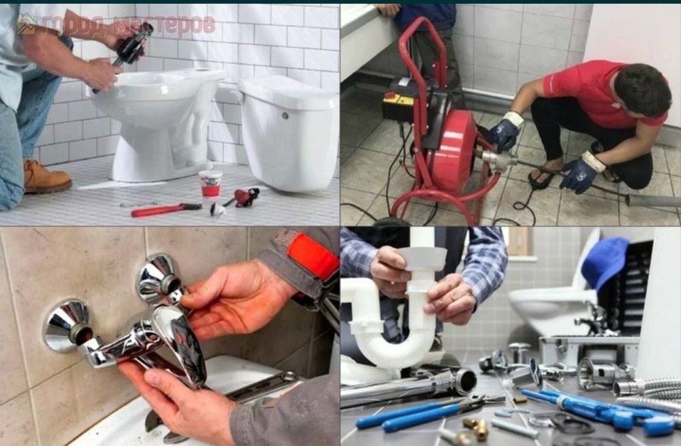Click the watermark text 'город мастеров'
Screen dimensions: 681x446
[129, 25]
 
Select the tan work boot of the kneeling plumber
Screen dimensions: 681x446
[46, 177]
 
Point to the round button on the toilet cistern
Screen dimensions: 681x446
[285, 116]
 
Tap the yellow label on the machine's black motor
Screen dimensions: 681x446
[398, 101]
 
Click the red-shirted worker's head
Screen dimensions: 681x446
[640, 90]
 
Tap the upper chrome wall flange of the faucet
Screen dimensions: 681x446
[159, 278]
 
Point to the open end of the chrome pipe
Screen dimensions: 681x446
[466, 381]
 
